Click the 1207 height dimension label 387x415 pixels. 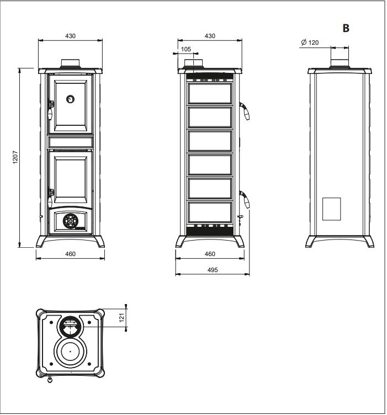(x=15, y=157)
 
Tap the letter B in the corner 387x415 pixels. (x=346, y=28)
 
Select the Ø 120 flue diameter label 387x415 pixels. (x=310, y=42)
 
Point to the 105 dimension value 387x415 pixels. (x=186, y=49)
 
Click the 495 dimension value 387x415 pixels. (x=213, y=270)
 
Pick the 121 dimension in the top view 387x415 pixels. (x=121, y=318)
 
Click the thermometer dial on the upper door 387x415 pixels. (x=70, y=99)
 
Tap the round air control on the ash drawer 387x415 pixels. (x=71, y=221)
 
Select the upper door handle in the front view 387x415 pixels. (x=50, y=110)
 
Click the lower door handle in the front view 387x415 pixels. (x=50, y=198)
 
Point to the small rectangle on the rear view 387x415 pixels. (x=331, y=209)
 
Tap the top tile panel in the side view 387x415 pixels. (x=210, y=93)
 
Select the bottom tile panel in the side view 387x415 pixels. (x=210, y=212)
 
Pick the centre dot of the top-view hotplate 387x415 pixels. (x=71, y=352)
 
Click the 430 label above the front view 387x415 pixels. (x=71, y=36)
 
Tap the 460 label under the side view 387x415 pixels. (x=210, y=254)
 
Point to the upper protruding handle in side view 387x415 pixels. (x=245, y=111)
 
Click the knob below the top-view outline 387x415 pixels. (x=50, y=379)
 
